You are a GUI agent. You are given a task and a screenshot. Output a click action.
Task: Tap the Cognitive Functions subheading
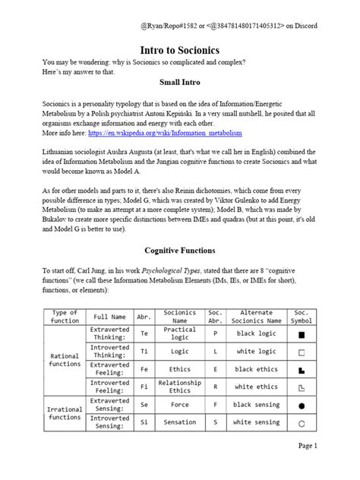click(x=180, y=250)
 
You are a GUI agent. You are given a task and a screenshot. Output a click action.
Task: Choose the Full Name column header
click(x=109, y=316)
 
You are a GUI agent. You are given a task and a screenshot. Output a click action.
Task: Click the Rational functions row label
click(x=65, y=359)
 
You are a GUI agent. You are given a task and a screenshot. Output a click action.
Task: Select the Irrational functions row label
click(x=65, y=412)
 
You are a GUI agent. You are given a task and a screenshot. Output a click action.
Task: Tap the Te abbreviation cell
click(x=144, y=333)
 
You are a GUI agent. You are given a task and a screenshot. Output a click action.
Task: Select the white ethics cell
click(x=256, y=387)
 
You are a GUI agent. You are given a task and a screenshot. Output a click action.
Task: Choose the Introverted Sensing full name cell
click(x=109, y=422)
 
